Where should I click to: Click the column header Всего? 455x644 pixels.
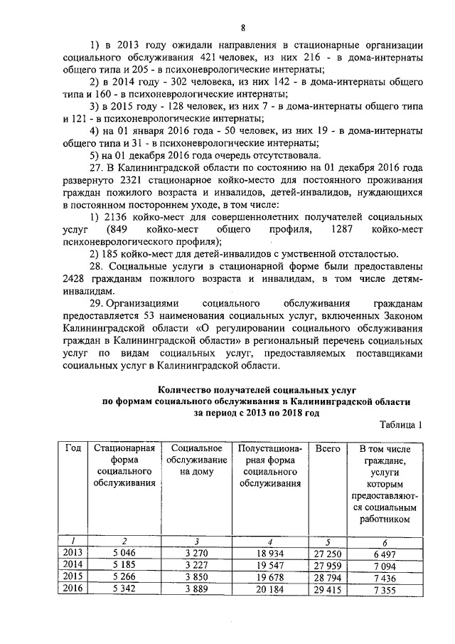pos(327,449)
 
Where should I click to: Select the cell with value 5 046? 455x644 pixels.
pos(124,552)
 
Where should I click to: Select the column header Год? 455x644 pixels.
pos(73,449)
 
